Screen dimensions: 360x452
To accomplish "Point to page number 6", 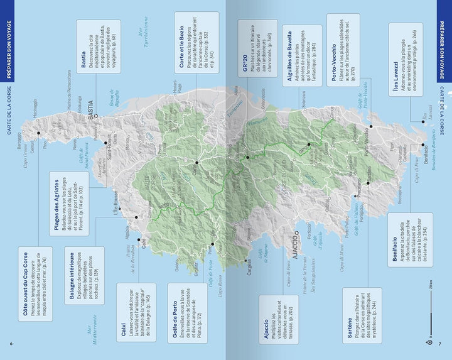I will (11, 342).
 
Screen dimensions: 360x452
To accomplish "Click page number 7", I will (440, 342).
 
